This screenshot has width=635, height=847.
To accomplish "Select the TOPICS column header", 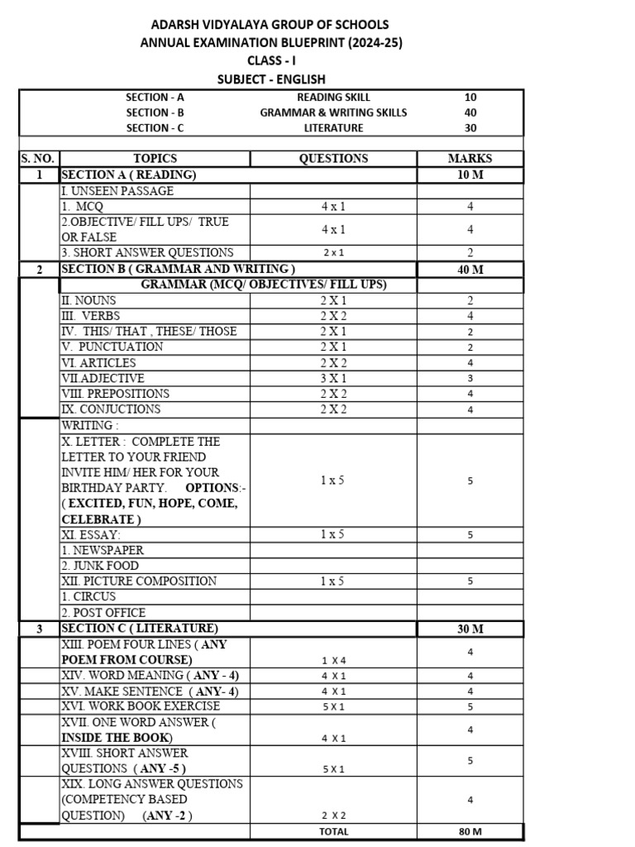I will point(155,158).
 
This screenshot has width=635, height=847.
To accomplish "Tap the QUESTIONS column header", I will point(333,158).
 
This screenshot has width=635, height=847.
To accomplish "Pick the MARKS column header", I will point(470,158).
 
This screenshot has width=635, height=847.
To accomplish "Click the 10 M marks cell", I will point(470,175).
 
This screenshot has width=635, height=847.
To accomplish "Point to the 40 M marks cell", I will point(470,269).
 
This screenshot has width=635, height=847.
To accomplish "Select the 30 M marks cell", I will point(470,629).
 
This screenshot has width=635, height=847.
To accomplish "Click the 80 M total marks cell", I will point(470,831).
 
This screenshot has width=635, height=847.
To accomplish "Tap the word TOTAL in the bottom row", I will point(333,831).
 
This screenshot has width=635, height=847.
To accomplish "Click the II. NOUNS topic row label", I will point(89,300).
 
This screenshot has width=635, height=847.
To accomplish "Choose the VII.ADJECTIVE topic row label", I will point(103,378).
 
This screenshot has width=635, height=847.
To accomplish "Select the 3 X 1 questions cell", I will point(333,378).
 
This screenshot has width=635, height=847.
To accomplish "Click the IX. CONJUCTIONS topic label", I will point(111,409).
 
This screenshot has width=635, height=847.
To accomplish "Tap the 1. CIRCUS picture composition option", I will point(88,596).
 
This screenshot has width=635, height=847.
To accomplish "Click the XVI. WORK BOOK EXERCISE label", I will point(141,706).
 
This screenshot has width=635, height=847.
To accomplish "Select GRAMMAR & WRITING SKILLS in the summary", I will point(333,112).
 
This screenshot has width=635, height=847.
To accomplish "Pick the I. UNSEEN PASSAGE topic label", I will point(117,191).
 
